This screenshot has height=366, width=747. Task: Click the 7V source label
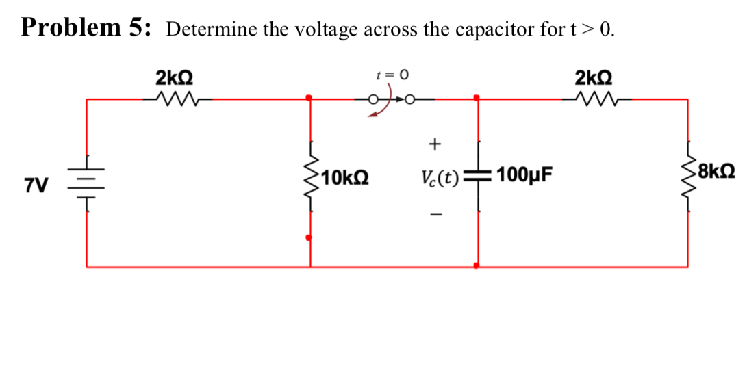click(36, 185)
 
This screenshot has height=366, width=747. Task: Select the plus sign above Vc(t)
click(433, 144)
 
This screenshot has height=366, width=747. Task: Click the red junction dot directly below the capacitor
click(477, 265)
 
